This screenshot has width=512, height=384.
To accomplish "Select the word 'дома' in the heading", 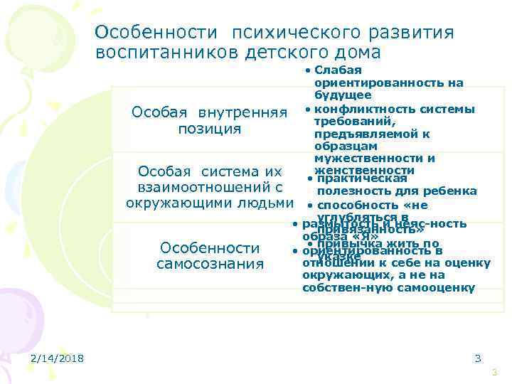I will (359, 53).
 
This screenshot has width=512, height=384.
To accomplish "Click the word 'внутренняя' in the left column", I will (242, 113).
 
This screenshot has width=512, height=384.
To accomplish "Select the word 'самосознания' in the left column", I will (209, 265).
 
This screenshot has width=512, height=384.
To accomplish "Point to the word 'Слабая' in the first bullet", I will (338, 70).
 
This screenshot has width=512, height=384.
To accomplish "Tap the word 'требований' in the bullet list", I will (346, 122).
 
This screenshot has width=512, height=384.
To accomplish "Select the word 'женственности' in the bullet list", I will (368, 171).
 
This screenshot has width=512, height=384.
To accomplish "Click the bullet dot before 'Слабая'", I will (306, 70).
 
